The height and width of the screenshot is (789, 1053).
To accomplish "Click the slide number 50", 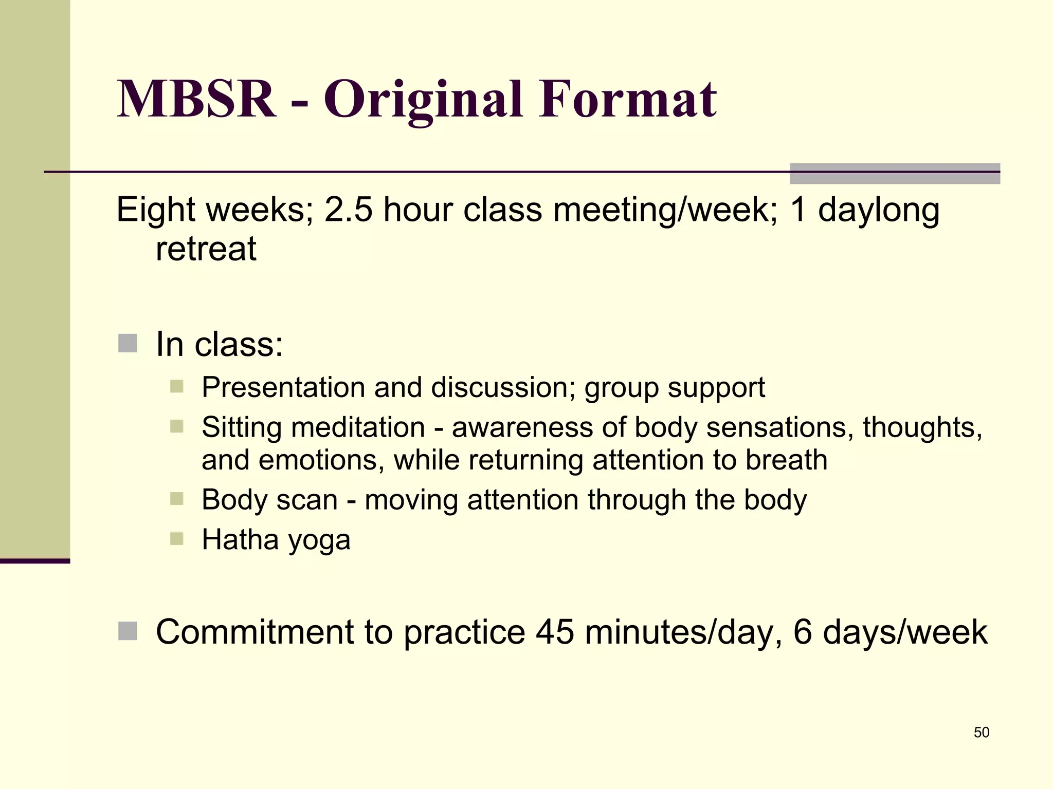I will [981, 732].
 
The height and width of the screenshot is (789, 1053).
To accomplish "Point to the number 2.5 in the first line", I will [348, 210].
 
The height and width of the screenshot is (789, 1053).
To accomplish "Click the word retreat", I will [206, 249].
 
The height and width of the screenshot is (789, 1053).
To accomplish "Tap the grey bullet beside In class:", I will [128, 343].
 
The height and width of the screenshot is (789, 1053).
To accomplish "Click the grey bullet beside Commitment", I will [128, 631].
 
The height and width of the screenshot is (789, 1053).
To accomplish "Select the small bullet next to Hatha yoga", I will [176, 539].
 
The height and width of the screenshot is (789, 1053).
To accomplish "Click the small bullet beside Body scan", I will [176, 499].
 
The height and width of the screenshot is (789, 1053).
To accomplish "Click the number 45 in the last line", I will [554, 632].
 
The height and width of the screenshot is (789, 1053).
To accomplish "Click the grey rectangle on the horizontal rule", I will [894, 174].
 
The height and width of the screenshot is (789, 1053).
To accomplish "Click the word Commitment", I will [255, 632].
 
